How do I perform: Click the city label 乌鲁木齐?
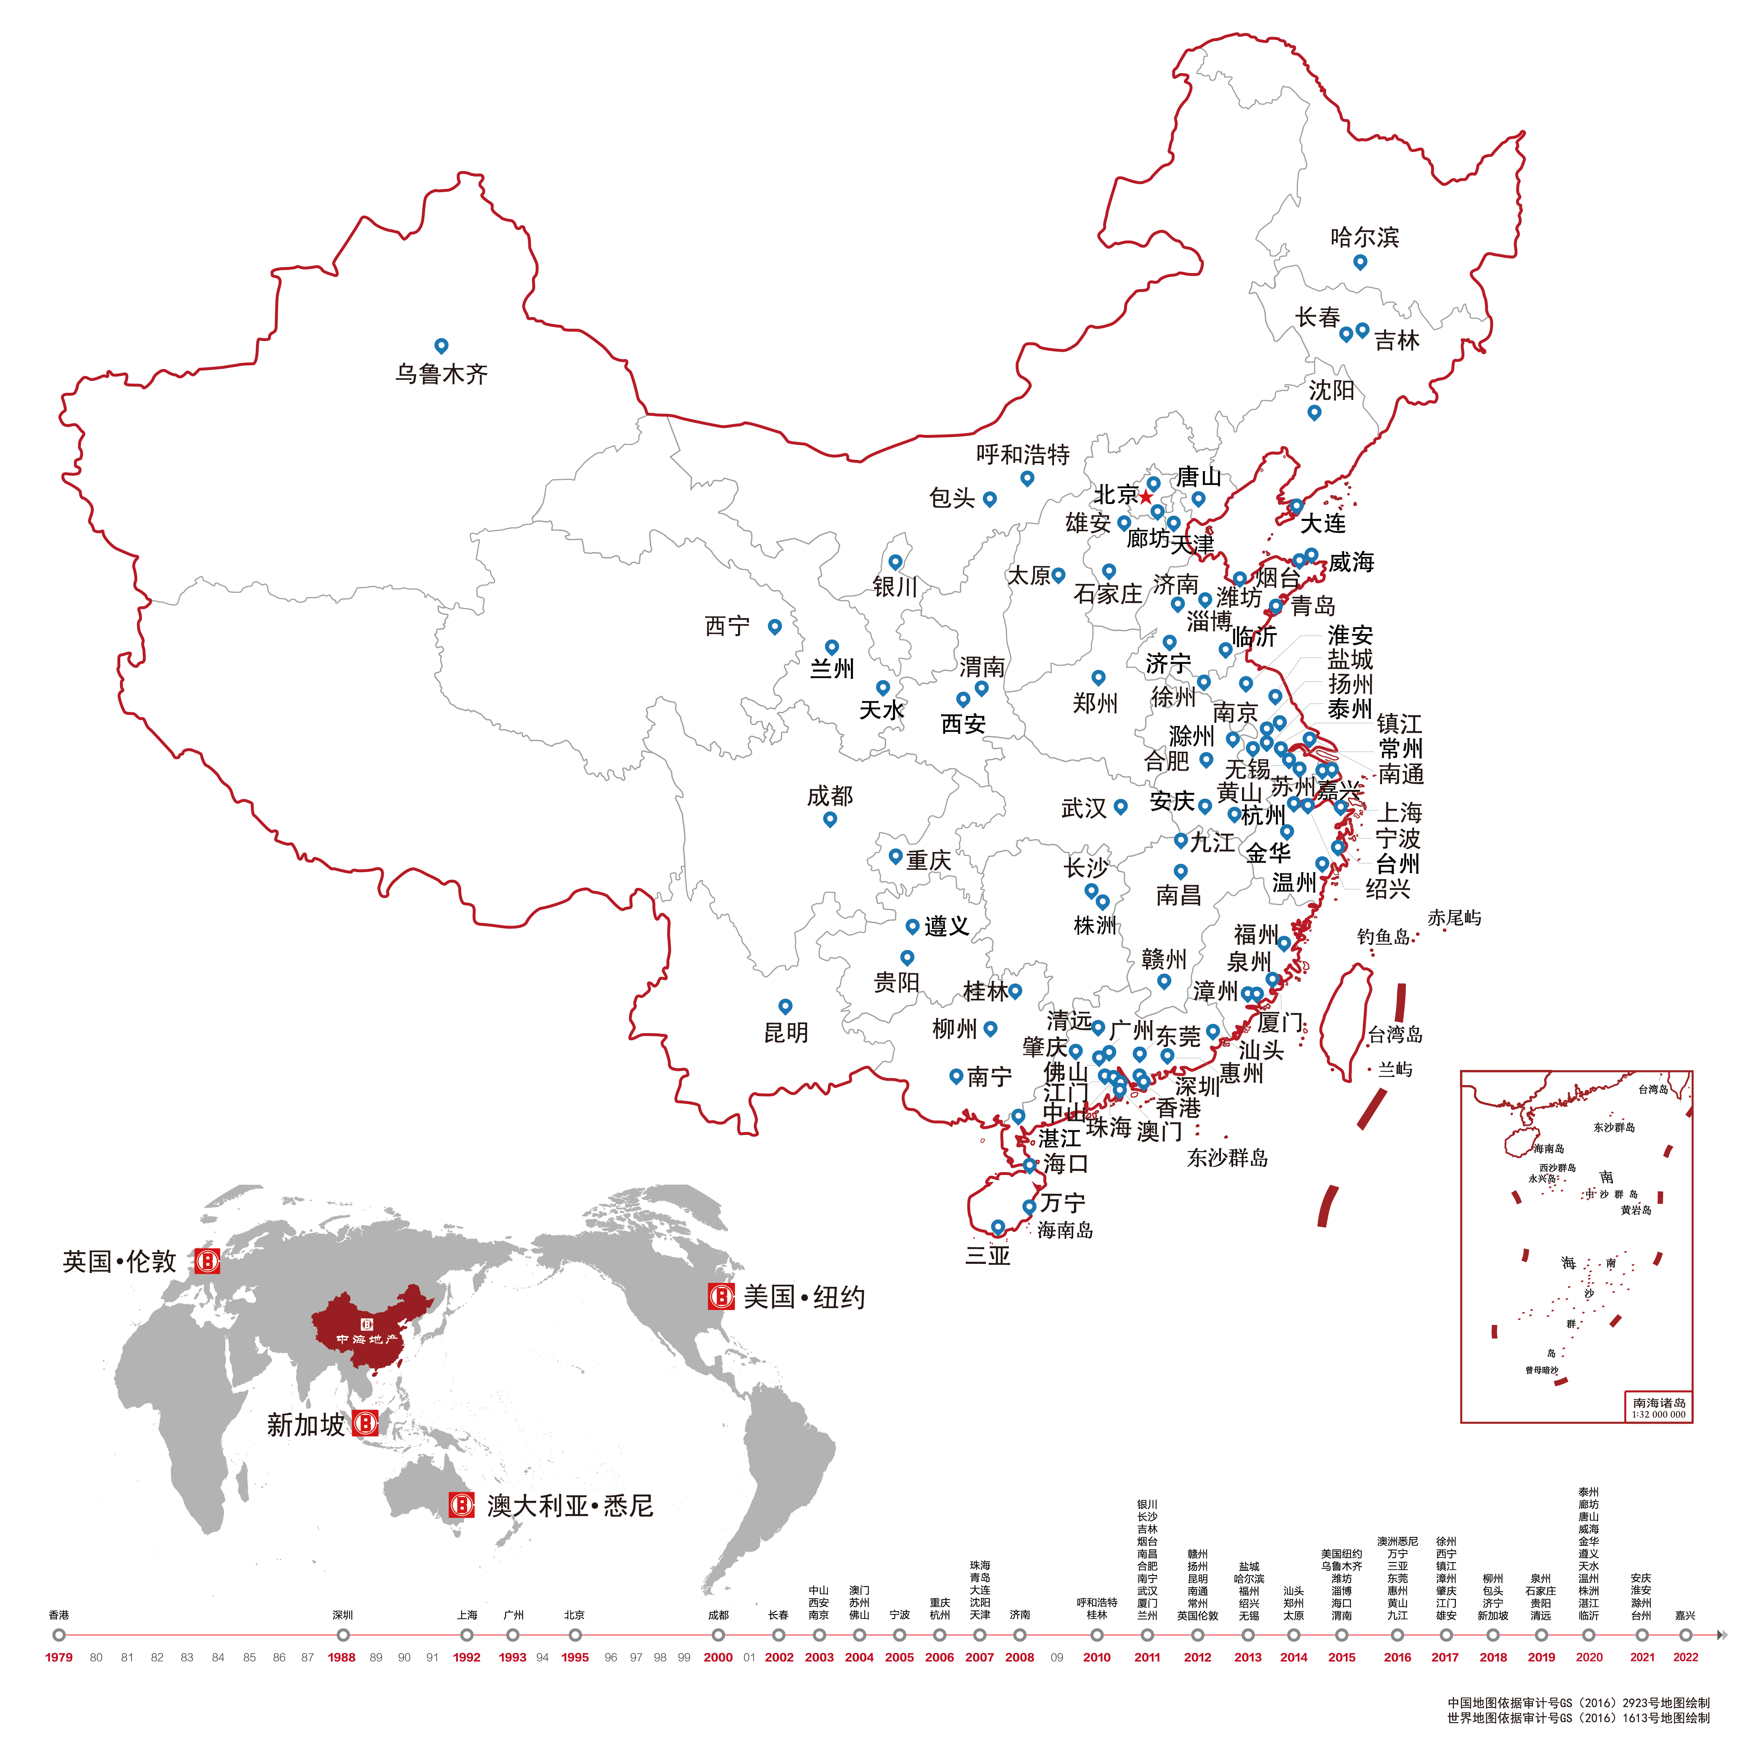441,374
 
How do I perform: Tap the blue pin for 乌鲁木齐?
441,345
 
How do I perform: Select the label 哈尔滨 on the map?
1364,237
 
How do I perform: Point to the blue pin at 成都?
830,819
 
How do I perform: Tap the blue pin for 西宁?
774,626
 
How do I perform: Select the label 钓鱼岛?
1383,937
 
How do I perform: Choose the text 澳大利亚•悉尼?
570,1506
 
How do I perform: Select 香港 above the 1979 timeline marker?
59,1615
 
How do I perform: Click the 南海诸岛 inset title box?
1659,1407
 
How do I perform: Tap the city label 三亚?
987,1255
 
